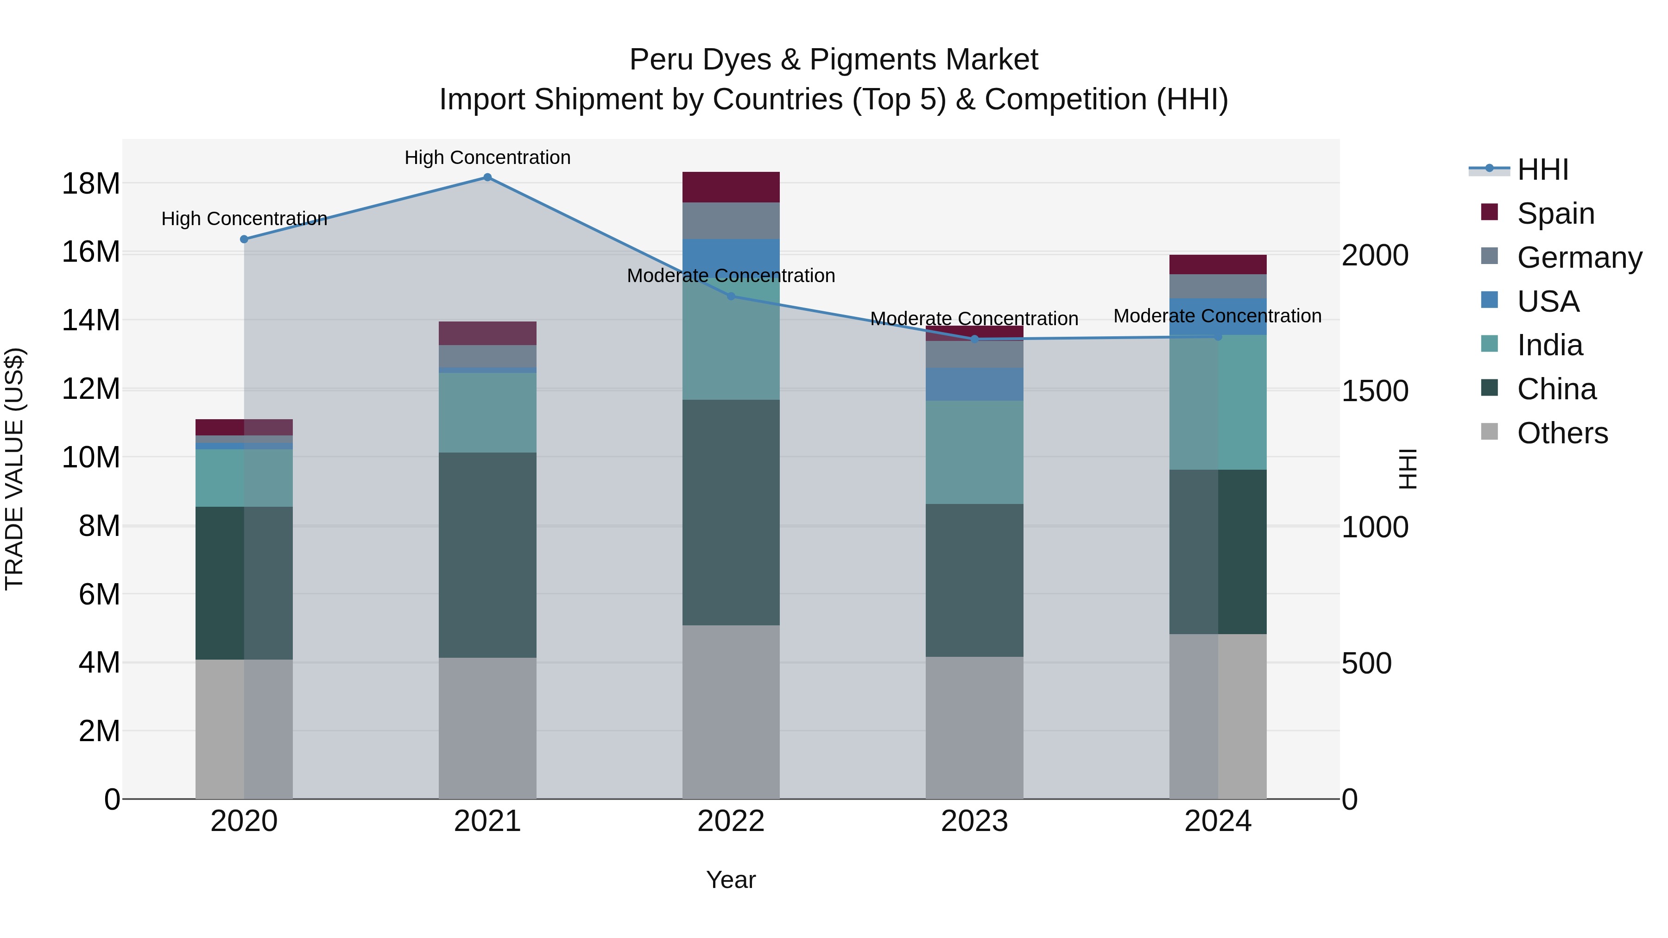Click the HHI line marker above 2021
click(487, 177)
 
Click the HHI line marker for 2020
click(244, 239)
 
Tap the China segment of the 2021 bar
click(487, 555)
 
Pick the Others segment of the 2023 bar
click(974, 728)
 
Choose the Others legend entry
click(1562, 433)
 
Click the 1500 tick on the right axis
click(1375, 391)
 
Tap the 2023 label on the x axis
click(974, 821)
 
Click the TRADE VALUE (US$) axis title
click(14, 469)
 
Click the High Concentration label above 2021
click(487, 157)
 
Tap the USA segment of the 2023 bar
click(974, 384)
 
